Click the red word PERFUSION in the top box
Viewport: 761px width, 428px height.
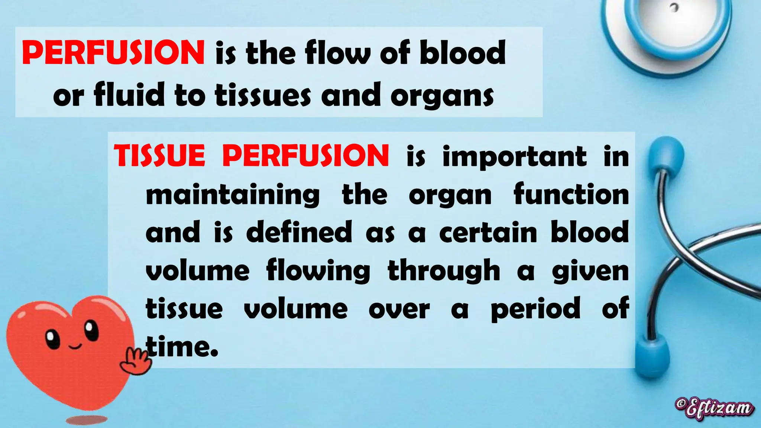(x=113, y=52)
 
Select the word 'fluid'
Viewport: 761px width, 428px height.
(x=129, y=95)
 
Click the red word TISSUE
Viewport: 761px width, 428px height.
(x=159, y=156)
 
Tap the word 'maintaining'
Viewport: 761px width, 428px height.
(x=233, y=195)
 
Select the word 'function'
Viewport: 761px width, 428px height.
(x=571, y=195)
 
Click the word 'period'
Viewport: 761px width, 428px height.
(x=535, y=308)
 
